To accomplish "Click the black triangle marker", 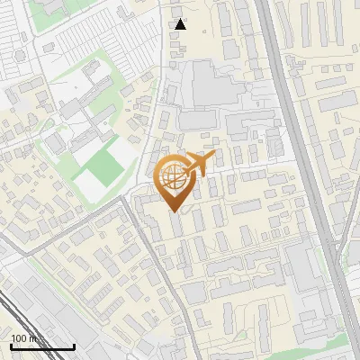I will click(181, 24).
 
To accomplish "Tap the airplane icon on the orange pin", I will click(196, 165).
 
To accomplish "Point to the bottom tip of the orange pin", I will click(174, 211).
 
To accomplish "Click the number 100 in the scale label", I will click(19, 339).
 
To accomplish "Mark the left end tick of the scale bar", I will click(11, 346).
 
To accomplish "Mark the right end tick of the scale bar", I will click(74, 346).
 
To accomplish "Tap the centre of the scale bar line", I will click(42, 347).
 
